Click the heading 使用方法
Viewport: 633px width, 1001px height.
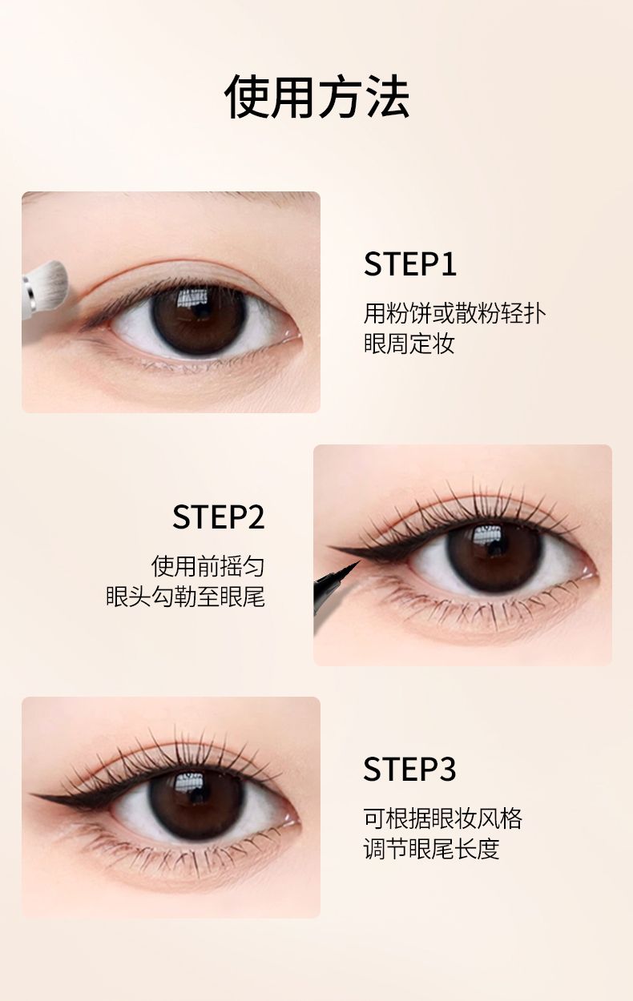click(316, 97)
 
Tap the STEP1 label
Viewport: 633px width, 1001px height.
click(410, 263)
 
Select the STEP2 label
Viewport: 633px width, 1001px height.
click(218, 517)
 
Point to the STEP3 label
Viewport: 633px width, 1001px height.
click(409, 769)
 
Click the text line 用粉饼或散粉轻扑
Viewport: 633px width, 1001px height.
click(454, 313)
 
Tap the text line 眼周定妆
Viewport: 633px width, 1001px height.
click(409, 344)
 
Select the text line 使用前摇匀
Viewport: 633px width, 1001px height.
click(208, 566)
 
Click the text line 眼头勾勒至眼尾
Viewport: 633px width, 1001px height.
click(185, 597)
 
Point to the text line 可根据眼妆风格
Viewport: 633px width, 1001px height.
click(442, 818)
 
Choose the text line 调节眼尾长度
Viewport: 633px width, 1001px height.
click(431, 849)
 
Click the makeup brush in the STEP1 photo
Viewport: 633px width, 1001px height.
click(44, 290)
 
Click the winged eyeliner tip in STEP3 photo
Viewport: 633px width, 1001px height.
click(31, 795)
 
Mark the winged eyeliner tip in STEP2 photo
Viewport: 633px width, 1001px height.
click(330, 547)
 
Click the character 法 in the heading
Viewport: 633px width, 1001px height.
click(387, 97)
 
